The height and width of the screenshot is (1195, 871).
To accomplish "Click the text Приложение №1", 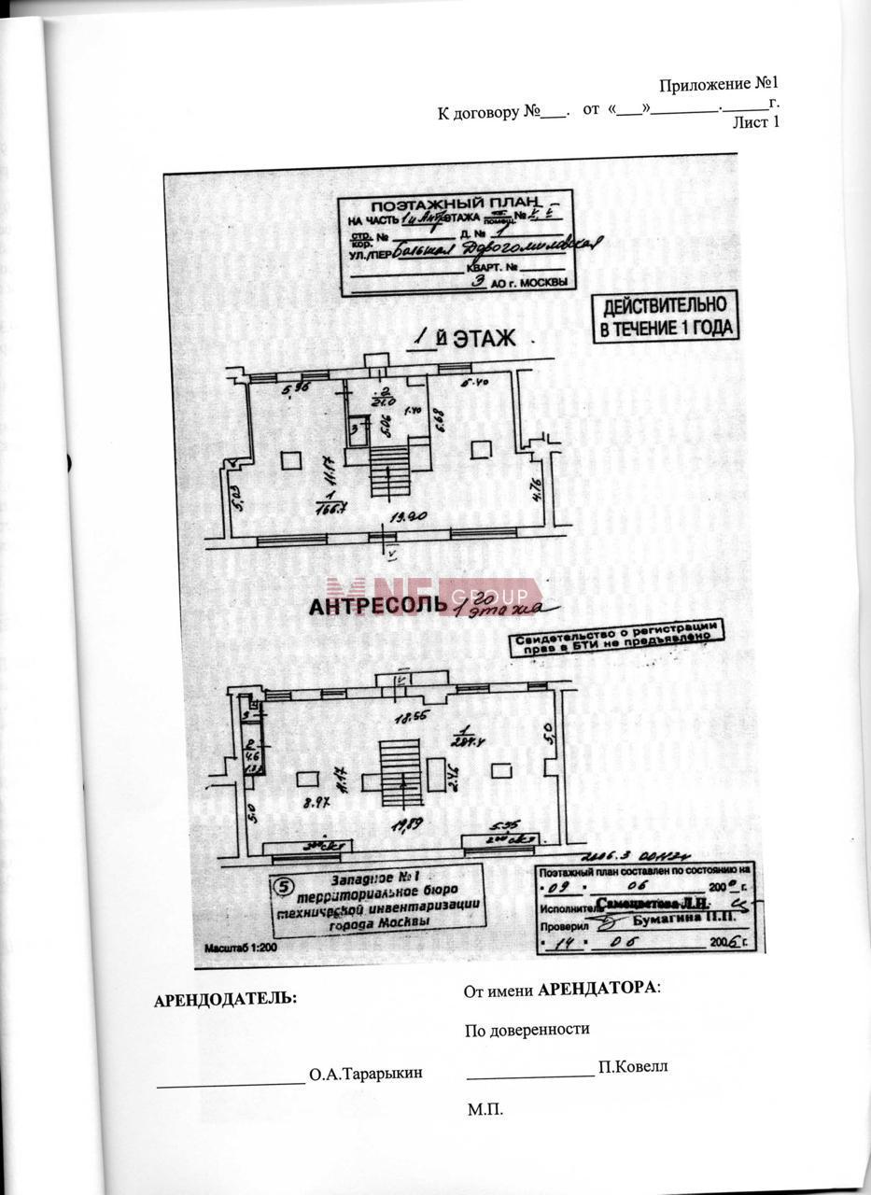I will (x=718, y=85).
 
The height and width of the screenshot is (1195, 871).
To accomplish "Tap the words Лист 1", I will (x=755, y=122).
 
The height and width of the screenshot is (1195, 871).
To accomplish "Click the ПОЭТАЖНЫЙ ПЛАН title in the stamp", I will (x=455, y=204).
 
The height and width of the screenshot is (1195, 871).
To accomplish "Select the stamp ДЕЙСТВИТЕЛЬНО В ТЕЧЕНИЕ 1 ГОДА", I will (x=666, y=317).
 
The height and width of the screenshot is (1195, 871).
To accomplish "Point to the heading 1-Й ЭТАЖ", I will (x=463, y=339).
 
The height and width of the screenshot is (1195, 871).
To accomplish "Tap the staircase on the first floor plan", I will (x=389, y=465).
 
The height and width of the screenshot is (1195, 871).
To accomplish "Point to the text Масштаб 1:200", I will (x=237, y=947).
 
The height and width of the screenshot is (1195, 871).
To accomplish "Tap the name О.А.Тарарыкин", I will (x=366, y=1074).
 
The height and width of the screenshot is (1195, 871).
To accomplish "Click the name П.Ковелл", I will (x=633, y=1067).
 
